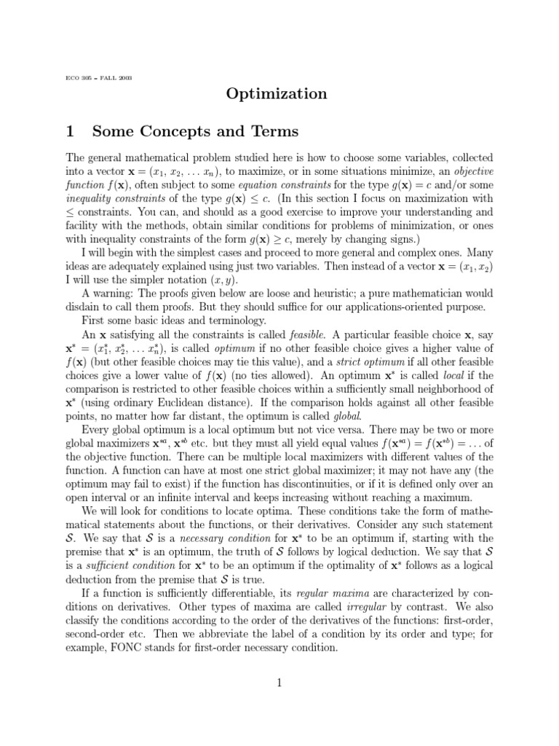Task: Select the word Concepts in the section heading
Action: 183,131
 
